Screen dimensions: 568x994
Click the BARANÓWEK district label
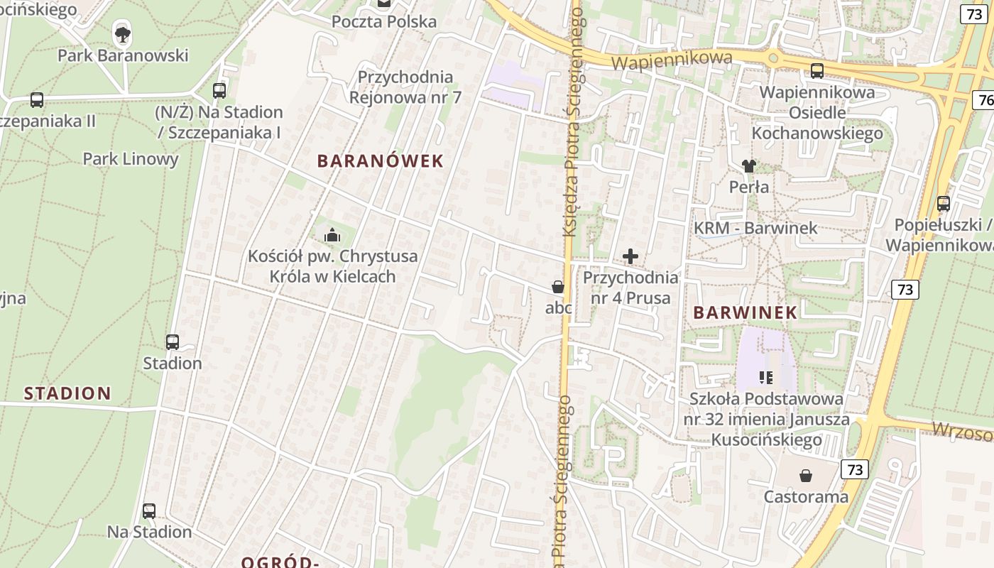tap(380, 161)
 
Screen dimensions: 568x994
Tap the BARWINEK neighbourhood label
tap(745, 312)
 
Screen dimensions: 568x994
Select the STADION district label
tap(67, 393)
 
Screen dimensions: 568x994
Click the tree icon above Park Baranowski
tap(122, 33)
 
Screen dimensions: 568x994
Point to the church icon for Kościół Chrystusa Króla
tap(332, 234)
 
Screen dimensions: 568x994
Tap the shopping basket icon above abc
tap(558, 287)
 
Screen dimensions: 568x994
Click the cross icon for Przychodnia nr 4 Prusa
tap(630, 256)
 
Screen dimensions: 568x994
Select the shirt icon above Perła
tap(748, 166)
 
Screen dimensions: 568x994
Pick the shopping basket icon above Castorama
tap(806, 475)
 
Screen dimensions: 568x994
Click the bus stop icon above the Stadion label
tap(173, 342)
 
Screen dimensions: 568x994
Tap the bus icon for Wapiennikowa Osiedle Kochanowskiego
tap(817, 70)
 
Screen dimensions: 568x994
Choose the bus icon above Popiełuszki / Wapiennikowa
tap(943, 204)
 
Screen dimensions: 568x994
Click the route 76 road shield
tap(984, 100)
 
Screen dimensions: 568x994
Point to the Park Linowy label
tap(131, 158)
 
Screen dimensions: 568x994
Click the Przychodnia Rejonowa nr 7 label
tap(405, 87)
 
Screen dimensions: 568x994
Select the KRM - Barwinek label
tap(755, 228)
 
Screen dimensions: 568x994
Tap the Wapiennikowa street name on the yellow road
tap(671, 60)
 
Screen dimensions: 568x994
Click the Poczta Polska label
tap(384, 22)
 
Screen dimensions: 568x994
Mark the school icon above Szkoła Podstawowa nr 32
tap(765, 377)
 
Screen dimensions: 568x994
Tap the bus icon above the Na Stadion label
tap(149, 510)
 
